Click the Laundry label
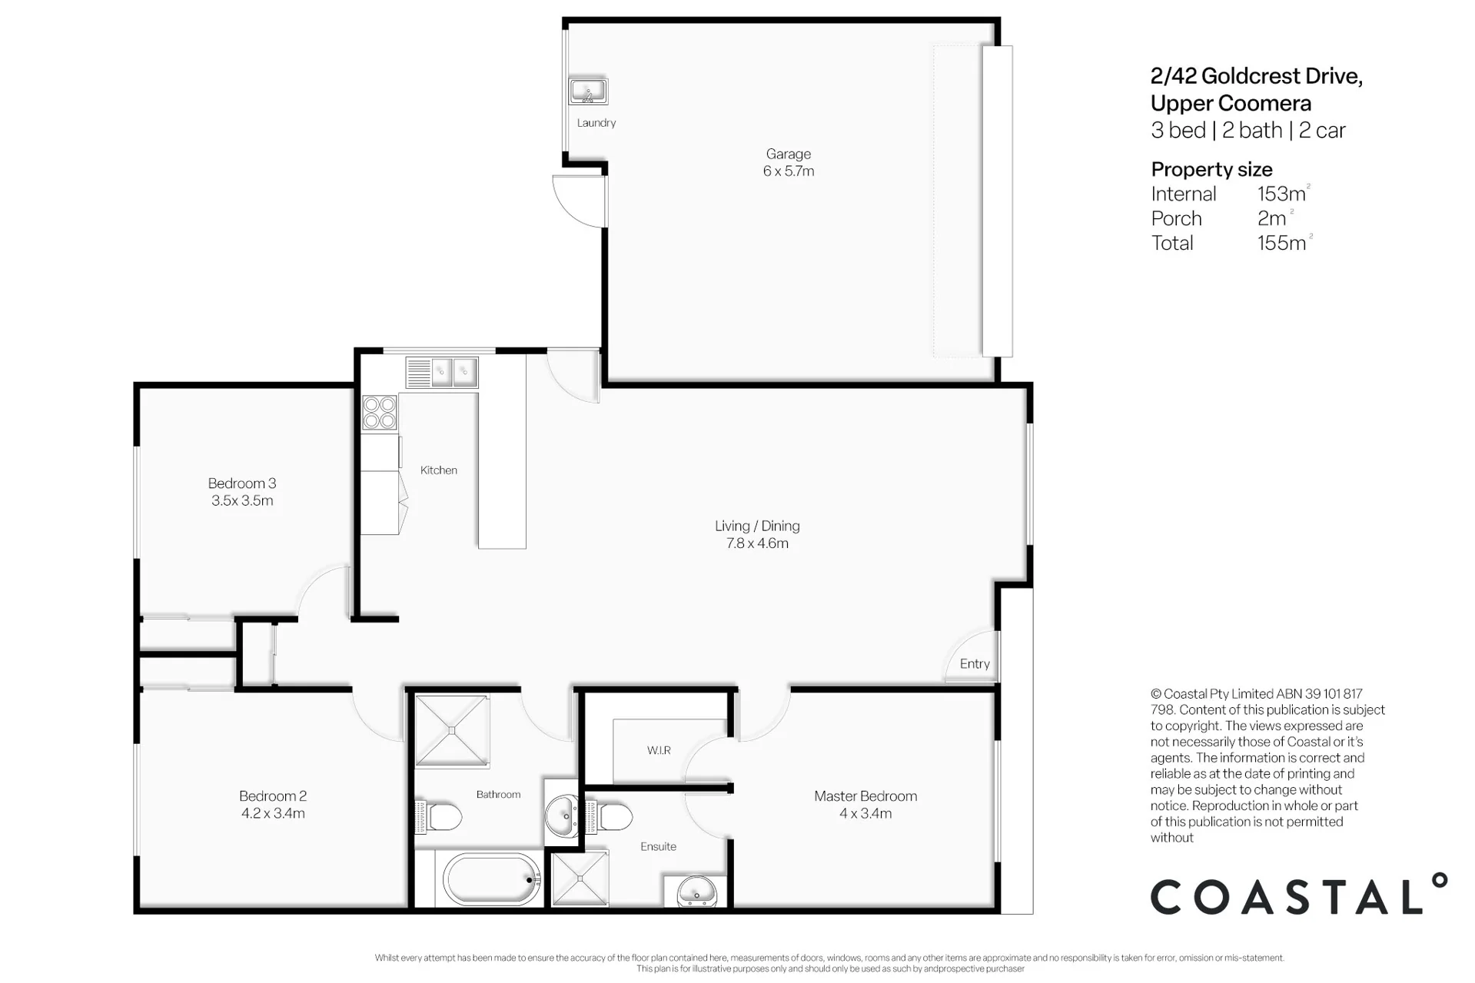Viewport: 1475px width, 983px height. (x=596, y=123)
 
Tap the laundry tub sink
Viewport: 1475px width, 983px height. (x=588, y=91)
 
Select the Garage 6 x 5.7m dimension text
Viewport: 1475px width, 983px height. (x=789, y=171)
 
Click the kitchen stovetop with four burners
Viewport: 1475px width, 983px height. (x=380, y=412)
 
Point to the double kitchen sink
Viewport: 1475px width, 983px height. (x=442, y=373)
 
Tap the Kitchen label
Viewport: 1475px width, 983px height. (x=439, y=470)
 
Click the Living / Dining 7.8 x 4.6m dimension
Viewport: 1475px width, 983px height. (x=757, y=543)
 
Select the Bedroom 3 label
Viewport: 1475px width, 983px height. (x=242, y=483)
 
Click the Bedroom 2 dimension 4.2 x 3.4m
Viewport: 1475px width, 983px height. (x=273, y=813)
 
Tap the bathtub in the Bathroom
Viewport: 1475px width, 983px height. (x=492, y=880)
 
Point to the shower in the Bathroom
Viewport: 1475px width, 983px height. (x=452, y=731)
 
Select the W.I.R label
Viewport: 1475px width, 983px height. (x=659, y=751)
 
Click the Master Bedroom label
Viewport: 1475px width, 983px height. (x=865, y=796)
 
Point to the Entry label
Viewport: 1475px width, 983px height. (x=975, y=664)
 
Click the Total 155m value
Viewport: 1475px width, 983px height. (x=1284, y=243)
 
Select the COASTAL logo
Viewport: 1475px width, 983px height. (x=1299, y=894)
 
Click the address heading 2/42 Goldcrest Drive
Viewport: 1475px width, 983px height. (x=1257, y=76)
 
